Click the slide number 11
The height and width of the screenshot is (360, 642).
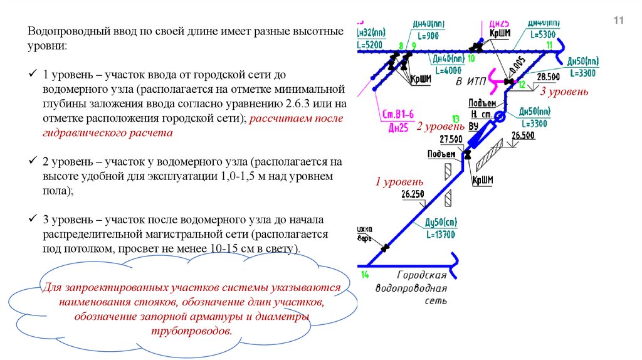pos(618,21)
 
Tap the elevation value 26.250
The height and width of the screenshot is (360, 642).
pos(413,194)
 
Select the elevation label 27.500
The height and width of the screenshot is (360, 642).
pos(451,139)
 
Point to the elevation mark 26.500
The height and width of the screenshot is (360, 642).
pos(523,135)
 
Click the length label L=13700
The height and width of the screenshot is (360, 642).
pos(441,235)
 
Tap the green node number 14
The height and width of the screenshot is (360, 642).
pos(365,275)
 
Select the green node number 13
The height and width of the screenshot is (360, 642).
pos(456,118)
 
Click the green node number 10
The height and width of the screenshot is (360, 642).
pos(471,58)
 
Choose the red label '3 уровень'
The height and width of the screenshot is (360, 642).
pos(564,92)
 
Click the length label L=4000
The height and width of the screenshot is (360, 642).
pos(447,70)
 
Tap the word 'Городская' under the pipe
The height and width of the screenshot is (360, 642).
pos(422,275)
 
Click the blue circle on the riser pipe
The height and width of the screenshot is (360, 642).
pos(500,117)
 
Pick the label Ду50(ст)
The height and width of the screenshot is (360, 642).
pos(441,223)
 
